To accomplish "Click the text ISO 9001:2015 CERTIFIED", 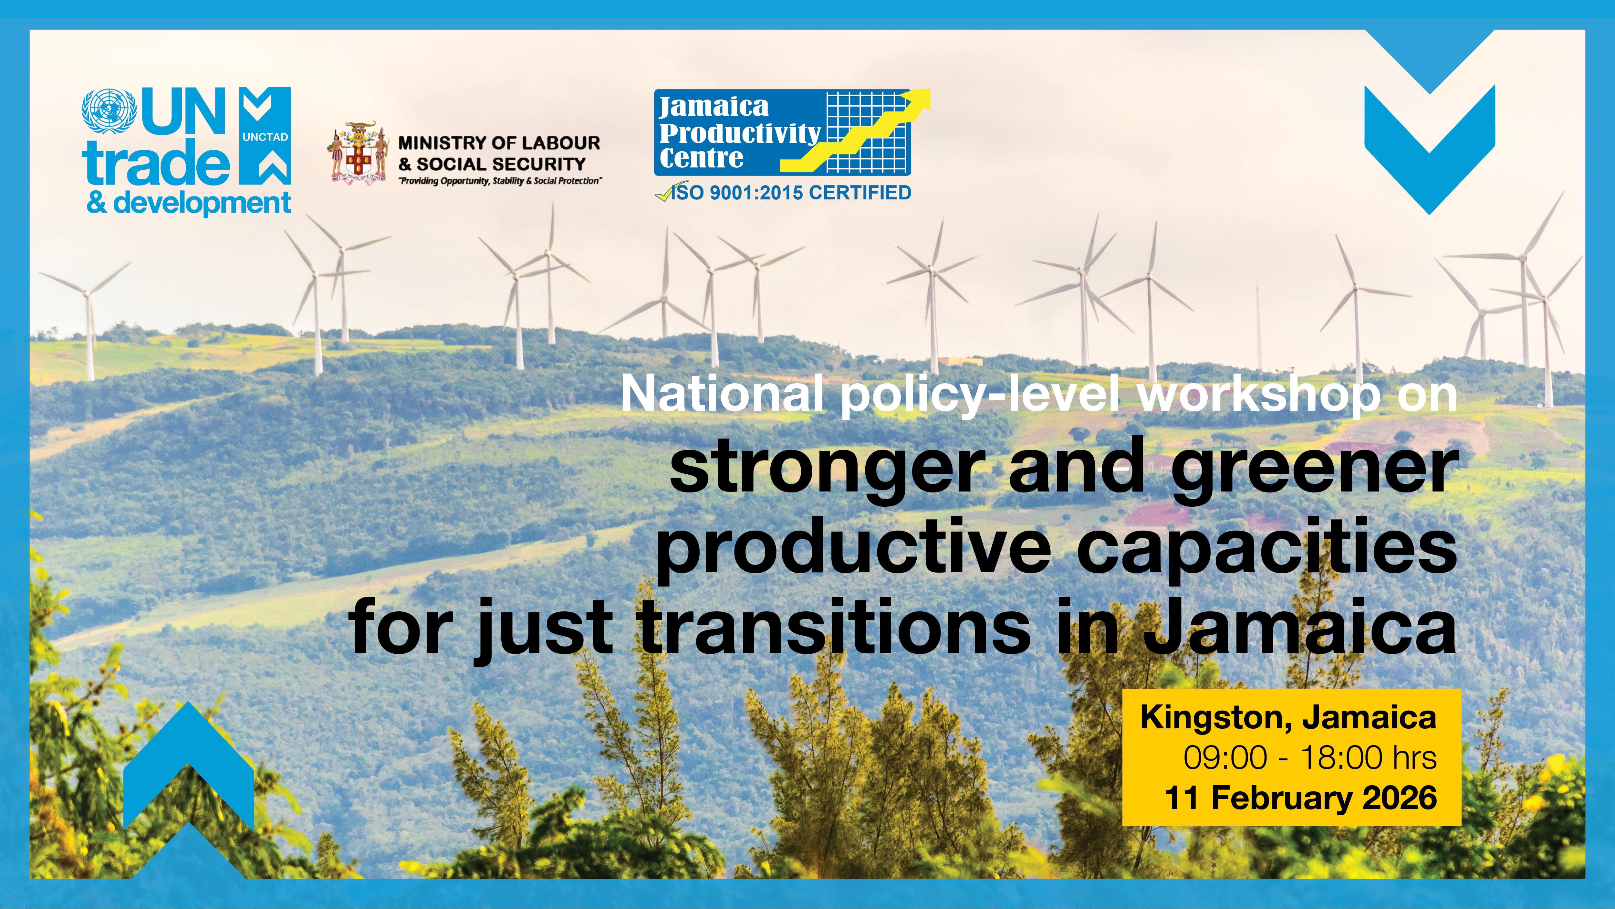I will pyautogui.click(x=790, y=193).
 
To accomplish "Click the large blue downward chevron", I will pyautogui.click(x=1429, y=151).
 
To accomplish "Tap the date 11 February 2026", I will pyautogui.click(x=1301, y=798).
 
